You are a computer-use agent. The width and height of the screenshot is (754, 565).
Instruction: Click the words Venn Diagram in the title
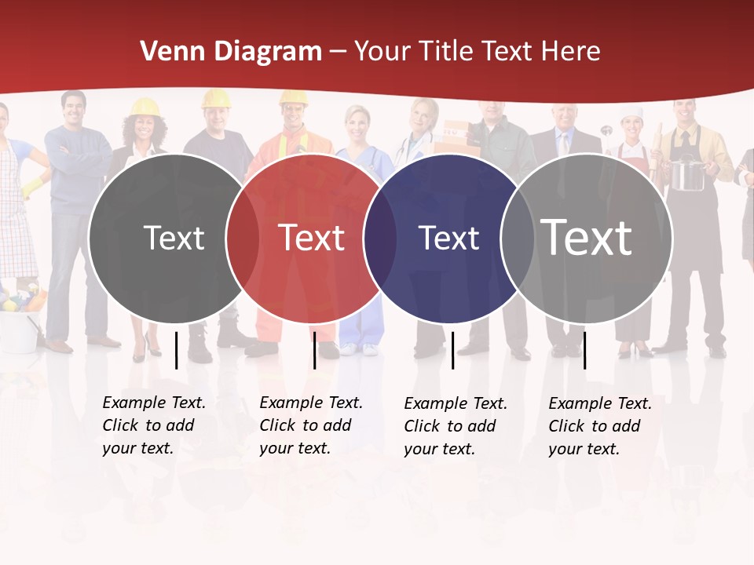[231, 52]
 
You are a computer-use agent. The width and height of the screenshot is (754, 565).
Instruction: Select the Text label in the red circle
[312, 237]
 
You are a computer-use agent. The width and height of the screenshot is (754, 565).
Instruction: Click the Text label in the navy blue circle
[448, 238]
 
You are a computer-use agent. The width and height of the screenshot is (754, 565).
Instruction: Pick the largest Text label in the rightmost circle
[587, 237]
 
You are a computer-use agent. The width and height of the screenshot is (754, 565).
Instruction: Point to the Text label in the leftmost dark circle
[174, 238]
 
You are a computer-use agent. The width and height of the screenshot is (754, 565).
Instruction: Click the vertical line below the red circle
[314, 350]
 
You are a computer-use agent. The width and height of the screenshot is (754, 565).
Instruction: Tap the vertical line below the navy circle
[452, 350]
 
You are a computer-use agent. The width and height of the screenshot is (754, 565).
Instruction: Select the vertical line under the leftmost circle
[176, 350]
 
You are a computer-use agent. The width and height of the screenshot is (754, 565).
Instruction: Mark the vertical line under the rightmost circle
[584, 350]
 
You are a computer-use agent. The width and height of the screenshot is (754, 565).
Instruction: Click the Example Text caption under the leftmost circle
[154, 425]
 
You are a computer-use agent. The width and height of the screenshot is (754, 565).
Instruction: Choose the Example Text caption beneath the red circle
[311, 425]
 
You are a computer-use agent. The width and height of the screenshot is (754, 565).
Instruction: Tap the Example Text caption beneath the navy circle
[456, 426]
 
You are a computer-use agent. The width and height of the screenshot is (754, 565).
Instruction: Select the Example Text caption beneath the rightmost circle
[600, 426]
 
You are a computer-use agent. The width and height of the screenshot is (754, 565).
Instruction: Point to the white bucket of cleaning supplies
[19, 330]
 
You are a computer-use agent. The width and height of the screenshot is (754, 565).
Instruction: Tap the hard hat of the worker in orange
[293, 98]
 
